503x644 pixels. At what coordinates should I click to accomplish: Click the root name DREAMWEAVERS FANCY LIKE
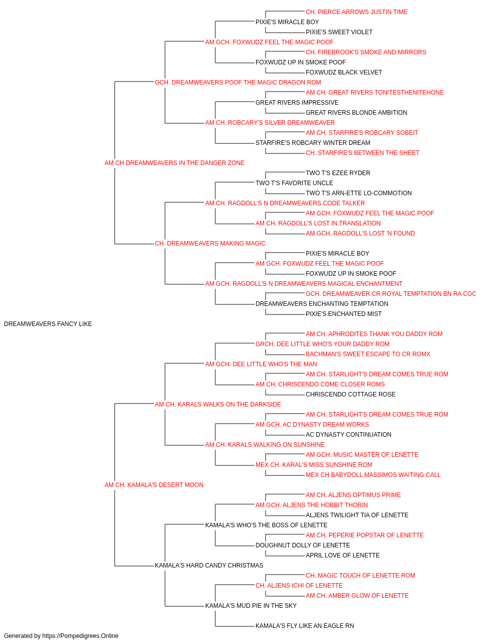coord(48,324)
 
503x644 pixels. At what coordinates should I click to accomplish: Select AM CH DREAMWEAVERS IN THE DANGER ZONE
coord(175,163)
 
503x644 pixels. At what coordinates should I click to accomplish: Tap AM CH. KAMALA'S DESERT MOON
coord(154,485)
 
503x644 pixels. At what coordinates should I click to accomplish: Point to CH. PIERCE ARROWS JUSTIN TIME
coord(357,12)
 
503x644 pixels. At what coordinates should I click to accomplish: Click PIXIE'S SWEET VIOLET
coord(339,32)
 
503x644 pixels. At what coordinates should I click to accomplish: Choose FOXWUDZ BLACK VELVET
coord(344,72)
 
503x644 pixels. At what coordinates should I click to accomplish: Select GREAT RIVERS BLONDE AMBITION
coord(356,113)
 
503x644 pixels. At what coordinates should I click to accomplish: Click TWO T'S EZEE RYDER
coord(338,173)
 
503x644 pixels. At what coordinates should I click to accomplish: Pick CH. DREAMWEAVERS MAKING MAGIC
coord(210,244)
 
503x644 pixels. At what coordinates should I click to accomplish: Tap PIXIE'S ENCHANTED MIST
coord(344,313)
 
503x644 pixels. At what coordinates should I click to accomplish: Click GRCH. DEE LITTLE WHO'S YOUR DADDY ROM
coord(322,344)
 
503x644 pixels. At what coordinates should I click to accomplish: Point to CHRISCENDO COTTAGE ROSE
coord(351,394)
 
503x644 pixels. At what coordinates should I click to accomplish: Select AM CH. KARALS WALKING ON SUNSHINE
coord(265,444)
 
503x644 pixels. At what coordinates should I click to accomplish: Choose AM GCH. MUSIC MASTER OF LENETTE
coord(362,454)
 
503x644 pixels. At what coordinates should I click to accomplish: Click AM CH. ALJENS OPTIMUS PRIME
coord(354,495)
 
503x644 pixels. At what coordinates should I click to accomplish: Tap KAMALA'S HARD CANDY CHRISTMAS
coord(209,565)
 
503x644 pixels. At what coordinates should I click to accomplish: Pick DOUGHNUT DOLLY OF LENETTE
coord(303,545)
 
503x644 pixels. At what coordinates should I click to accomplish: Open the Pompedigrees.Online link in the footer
coord(80,636)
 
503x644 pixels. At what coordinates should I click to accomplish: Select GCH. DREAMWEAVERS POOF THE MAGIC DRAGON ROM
coord(238,83)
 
